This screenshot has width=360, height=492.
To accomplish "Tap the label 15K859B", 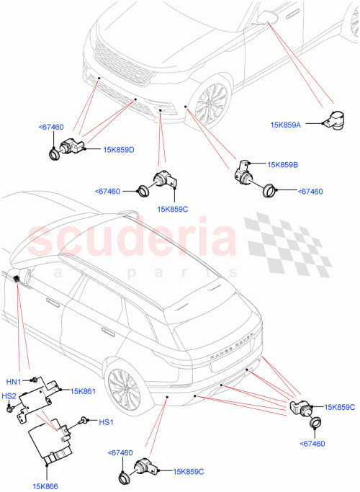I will point(283,165).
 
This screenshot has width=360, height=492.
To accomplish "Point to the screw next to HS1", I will point(84,419).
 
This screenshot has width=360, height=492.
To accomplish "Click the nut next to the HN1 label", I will point(34,379).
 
